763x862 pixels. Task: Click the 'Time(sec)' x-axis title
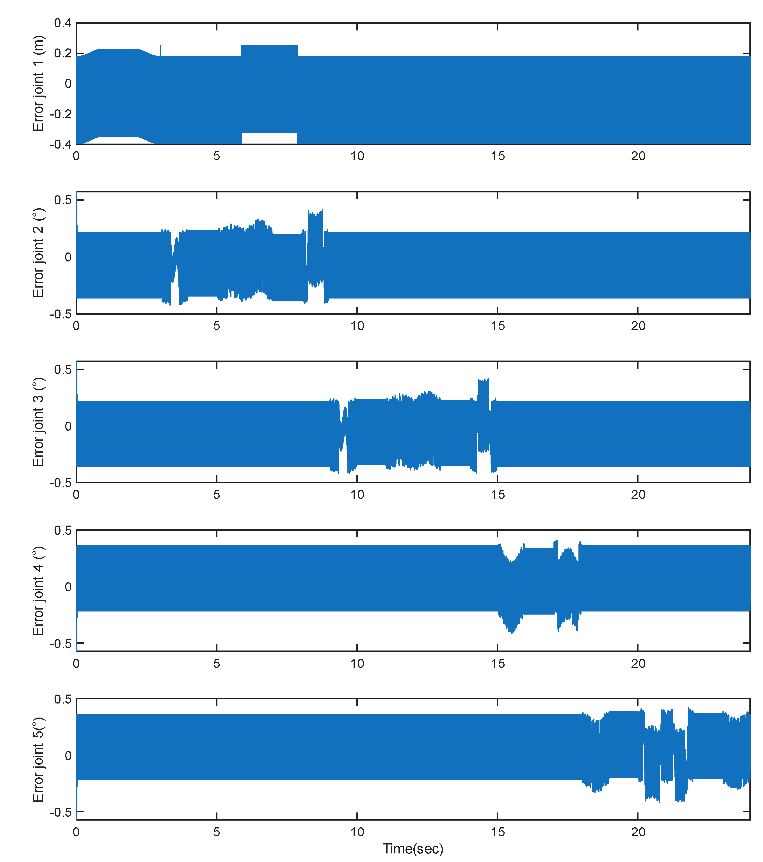click(413, 848)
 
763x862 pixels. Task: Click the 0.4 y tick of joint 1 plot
click(63, 23)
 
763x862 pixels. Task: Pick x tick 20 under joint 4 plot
click(638, 663)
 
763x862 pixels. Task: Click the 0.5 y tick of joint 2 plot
click(63, 200)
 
